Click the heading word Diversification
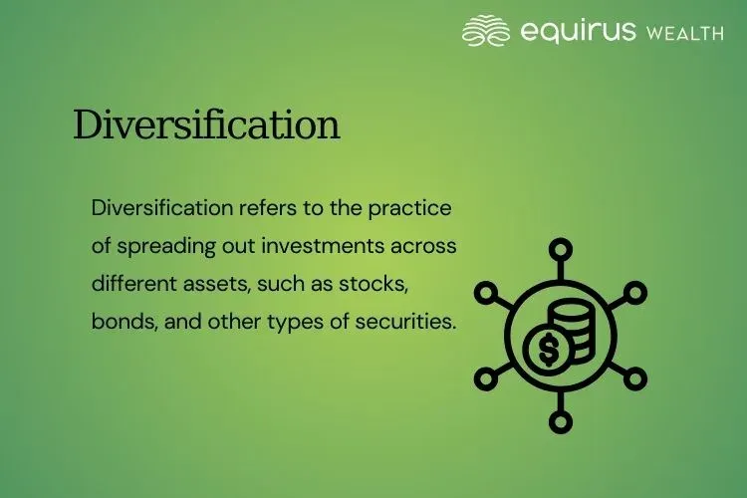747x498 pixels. click(206, 125)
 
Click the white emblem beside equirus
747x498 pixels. click(486, 31)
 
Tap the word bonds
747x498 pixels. click(119, 320)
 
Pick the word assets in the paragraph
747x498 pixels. click(214, 283)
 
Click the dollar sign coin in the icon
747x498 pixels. click(547, 349)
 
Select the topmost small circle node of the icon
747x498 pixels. click(562, 249)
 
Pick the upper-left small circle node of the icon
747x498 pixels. click(486, 293)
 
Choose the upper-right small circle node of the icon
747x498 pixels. click(636, 293)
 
